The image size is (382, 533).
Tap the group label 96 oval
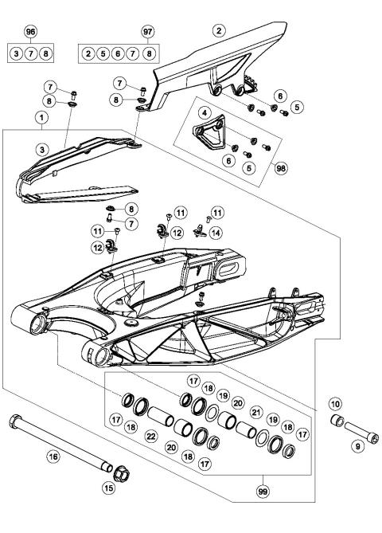(31, 33)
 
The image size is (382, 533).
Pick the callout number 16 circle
(53, 457)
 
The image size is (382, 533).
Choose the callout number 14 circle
(216, 233)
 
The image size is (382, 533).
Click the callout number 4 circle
(205, 114)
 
